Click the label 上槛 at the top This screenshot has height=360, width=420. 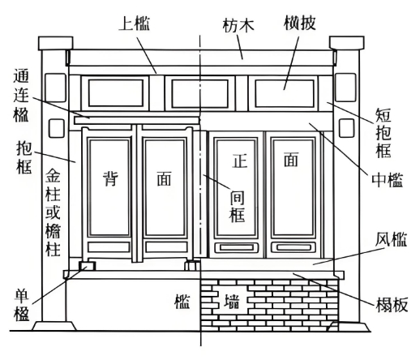pos(135,24)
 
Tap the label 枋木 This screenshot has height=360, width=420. pos(238,26)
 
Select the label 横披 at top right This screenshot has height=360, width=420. pos(300,23)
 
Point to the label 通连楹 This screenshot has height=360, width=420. pos(21,95)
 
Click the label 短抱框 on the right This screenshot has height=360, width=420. pos(384,133)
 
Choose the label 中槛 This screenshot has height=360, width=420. pos(388,180)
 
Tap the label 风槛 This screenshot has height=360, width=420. pos(391,239)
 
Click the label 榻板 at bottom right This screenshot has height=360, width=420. pos(392,305)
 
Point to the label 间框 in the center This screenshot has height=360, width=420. pos(237,206)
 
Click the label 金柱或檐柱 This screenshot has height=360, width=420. pos(53,212)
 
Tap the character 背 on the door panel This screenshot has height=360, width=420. pos(110,179)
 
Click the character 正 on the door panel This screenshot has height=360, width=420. pos(240,161)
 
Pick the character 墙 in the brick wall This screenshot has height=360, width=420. pos(232,302)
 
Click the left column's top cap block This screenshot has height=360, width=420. pos(55,43)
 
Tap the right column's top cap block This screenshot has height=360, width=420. pos(346,43)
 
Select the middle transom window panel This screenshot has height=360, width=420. pos(199,93)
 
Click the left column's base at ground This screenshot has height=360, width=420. pos(54,326)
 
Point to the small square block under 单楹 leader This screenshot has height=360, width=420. pos(87,266)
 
